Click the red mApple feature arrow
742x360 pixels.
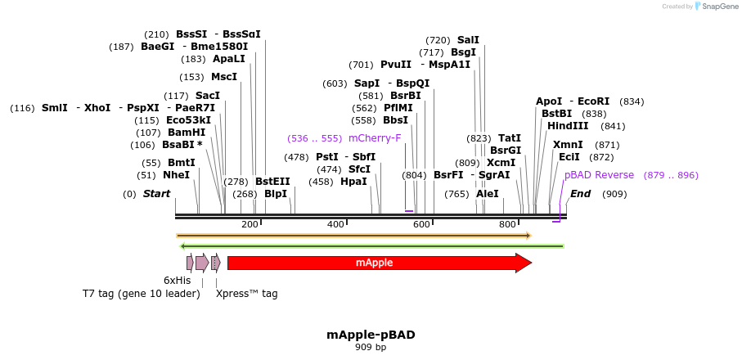pyautogui.click(x=376, y=263)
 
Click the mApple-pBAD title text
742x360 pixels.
pyautogui.click(x=371, y=335)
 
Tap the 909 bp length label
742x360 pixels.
pyautogui.click(x=371, y=347)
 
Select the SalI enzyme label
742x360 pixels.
pyautogui.click(x=468, y=39)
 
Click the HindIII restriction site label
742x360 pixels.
pyautogui.click(x=568, y=126)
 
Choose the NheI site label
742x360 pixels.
pyautogui.click(x=176, y=174)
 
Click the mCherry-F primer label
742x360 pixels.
pyautogui.click(x=375, y=137)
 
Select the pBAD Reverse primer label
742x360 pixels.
pyautogui.click(x=599, y=175)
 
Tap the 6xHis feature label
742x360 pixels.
pyautogui.click(x=177, y=280)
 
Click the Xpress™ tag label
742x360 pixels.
pyautogui.click(x=246, y=294)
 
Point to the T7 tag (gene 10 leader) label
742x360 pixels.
pyautogui.click(x=141, y=294)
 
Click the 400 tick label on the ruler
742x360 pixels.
pyautogui.click(x=335, y=224)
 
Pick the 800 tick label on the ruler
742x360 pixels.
pyautogui.click(x=507, y=224)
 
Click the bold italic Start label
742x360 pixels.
pyautogui.click(x=156, y=194)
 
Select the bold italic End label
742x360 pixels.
pyautogui.click(x=580, y=194)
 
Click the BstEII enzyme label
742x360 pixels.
pyautogui.click(x=272, y=181)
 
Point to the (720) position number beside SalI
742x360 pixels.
pyautogui.click(x=438, y=40)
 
